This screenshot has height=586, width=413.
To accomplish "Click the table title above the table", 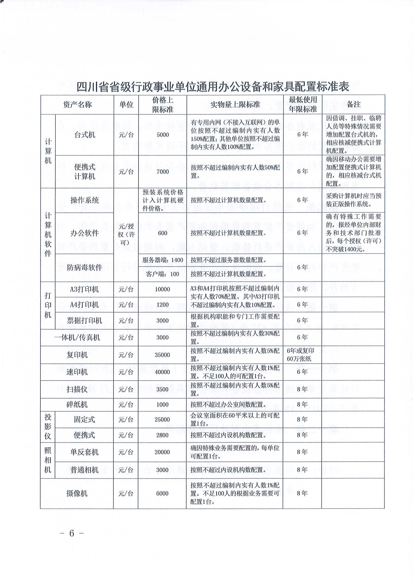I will coord(213,87).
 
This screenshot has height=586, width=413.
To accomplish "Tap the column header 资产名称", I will coord(77,105).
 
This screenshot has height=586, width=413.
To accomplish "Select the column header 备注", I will coord(353,104).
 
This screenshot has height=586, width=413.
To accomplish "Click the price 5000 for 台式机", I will coord(163,135).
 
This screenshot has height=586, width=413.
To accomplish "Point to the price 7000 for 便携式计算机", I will coord(163,172).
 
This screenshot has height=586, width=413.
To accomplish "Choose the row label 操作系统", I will coord(84,200).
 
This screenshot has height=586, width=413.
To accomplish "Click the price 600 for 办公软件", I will coord(163,233).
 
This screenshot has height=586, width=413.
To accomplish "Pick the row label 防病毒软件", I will coord(84,267).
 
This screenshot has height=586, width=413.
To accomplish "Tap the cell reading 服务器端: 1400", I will coord(163,260).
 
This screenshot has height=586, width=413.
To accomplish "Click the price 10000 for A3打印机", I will coord(162,289).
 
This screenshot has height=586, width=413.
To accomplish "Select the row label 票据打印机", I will coord(84,321).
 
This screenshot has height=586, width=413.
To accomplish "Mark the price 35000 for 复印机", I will coord(162,355).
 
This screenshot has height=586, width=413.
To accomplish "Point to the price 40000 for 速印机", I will coord(162,372).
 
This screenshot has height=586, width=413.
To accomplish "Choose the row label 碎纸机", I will coord(77,404).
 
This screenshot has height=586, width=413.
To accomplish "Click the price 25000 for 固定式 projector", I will coord(162,420).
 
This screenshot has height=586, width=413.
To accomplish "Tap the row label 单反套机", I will coord(84,452).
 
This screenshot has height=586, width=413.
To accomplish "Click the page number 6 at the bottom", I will coord(72,533).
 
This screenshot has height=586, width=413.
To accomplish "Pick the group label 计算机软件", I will coord(48,235).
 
